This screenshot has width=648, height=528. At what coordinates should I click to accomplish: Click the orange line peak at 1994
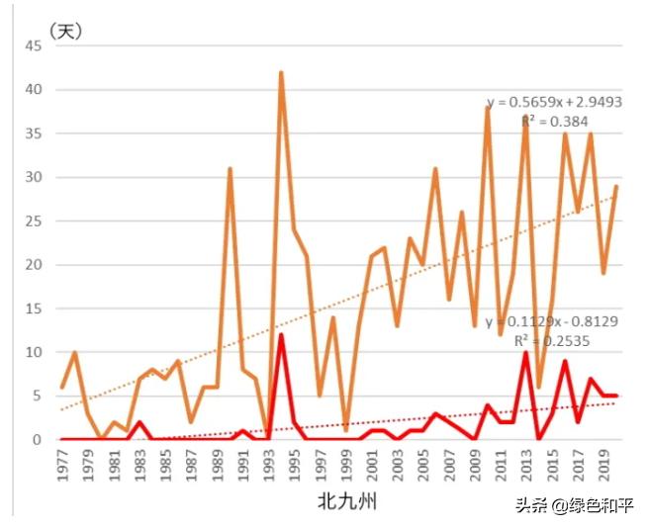point(281,73)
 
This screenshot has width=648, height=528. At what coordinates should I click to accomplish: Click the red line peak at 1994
point(281,335)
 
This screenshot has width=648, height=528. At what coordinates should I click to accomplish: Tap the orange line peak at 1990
point(230,169)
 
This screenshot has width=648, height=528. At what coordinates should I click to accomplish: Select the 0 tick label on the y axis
point(38,439)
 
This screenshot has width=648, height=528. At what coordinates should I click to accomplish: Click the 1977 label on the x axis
point(62,466)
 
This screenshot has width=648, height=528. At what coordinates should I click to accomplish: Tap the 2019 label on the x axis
point(603,466)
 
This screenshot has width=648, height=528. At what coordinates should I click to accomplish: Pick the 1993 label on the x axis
point(268,466)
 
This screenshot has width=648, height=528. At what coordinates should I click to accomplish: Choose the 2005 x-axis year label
point(422,466)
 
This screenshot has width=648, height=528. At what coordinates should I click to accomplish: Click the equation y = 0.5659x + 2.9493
point(553,103)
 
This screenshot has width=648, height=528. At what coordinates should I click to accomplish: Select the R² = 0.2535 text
point(546,340)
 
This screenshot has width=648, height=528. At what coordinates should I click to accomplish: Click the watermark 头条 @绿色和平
point(574,506)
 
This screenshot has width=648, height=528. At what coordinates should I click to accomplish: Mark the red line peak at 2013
point(526,352)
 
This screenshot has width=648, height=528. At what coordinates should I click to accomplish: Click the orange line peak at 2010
point(488,108)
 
